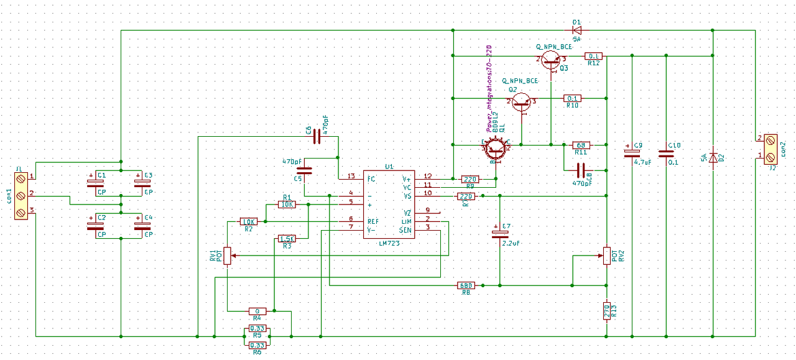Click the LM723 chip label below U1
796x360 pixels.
click(x=389, y=243)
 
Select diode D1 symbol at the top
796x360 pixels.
click(x=576, y=29)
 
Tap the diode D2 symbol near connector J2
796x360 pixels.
click(x=713, y=158)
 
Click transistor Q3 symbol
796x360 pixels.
click(x=550, y=59)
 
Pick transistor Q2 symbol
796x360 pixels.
click(x=522, y=101)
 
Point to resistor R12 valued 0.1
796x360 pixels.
click(x=593, y=56)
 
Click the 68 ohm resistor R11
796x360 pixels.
click(x=581, y=145)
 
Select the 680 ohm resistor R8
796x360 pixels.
click(x=466, y=285)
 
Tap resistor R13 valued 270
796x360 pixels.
click(x=606, y=310)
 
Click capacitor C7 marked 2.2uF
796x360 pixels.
click(x=496, y=234)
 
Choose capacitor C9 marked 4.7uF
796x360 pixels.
click(x=632, y=154)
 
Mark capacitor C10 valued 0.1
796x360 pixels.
click(x=666, y=154)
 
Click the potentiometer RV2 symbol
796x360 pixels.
click(x=606, y=255)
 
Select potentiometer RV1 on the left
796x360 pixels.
click(x=228, y=255)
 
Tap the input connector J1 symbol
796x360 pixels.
click(x=21, y=196)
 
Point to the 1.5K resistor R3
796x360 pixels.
click(x=287, y=239)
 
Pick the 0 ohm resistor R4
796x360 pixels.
click(x=257, y=310)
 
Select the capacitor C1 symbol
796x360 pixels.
click(x=95, y=182)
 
